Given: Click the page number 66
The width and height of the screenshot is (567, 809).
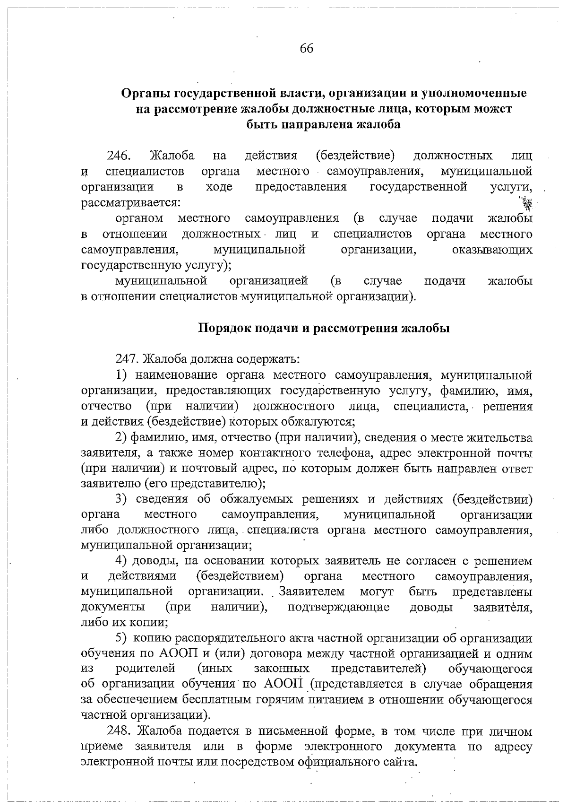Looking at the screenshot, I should coord(306,49).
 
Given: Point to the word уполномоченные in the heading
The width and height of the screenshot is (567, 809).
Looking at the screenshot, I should coord(473,93).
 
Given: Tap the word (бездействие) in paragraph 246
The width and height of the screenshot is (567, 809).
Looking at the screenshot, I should coord(354,156).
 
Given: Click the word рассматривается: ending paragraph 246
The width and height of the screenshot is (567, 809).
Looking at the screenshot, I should coord(130,203).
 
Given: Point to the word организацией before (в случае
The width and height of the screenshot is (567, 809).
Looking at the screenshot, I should coord(268,281).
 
